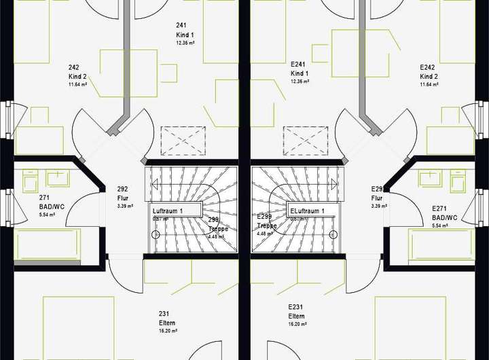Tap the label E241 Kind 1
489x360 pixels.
[300, 69]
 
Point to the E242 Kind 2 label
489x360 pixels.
[428, 72]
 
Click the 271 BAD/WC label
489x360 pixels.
[47, 204]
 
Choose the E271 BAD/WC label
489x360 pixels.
[444, 213]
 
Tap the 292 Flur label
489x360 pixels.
[124, 194]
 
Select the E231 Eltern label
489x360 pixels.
[297, 311]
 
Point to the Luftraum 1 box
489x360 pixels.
[177, 211]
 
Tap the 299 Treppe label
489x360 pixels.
[214, 224]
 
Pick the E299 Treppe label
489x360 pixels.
[266, 221]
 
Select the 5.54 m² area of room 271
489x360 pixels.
[47, 215]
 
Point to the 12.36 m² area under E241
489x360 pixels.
[300, 82]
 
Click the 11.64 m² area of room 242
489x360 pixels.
[78, 85]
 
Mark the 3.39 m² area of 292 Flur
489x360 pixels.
[124, 206]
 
